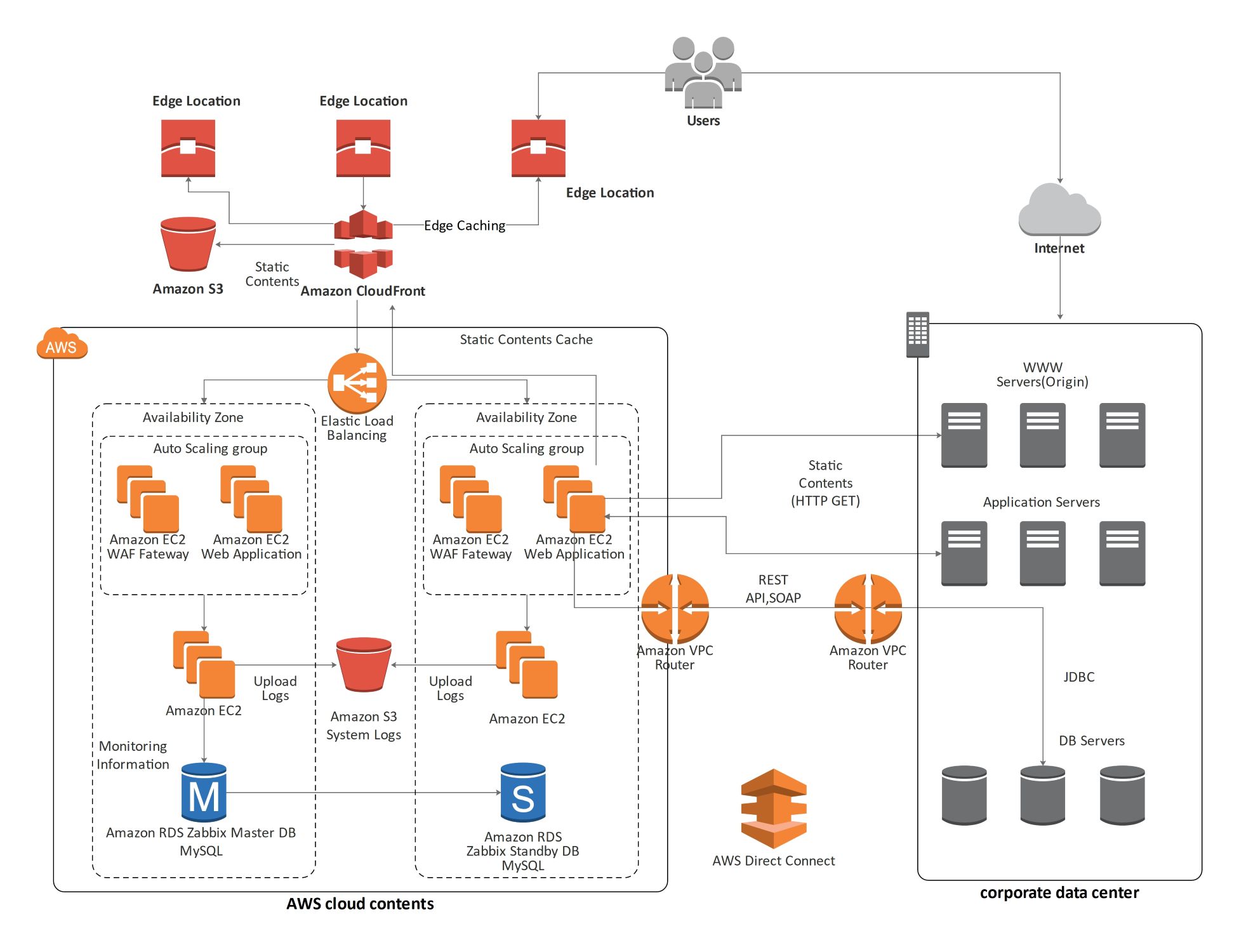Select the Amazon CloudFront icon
363,244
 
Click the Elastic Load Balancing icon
357,383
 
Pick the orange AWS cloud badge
62,345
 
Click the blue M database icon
204,793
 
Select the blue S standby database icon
522,793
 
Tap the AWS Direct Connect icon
773,809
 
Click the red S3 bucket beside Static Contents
188,244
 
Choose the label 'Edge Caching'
465,225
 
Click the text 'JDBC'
1078,677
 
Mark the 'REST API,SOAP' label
772,588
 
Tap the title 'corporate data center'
1059,892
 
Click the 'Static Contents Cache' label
526,340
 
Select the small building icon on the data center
917,334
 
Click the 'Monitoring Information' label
133,755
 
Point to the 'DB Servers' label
1091,741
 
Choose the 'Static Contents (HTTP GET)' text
825,483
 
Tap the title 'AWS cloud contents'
360,904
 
